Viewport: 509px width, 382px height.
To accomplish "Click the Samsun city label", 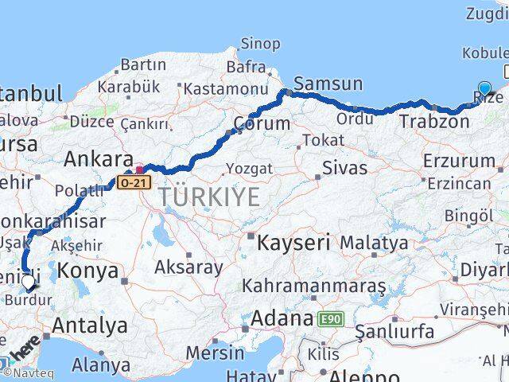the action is tap(328, 84).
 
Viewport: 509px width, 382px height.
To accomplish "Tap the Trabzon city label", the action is tap(434, 122).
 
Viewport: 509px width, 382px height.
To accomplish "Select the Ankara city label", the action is tap(98, 158).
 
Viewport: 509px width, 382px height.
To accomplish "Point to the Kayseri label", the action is tap(293, 243).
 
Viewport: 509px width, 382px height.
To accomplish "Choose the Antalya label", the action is tap(90, 325).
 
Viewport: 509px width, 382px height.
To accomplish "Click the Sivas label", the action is tap(344, 168).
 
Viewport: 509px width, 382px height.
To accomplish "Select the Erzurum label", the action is tap(459, 161).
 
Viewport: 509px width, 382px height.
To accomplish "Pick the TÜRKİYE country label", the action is tap(208, 197).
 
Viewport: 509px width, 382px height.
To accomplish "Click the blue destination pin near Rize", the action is tap(484, 89).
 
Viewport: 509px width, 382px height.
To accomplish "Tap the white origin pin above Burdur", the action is tap(29, 281).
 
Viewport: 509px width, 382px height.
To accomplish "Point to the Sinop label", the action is tap(260, 44).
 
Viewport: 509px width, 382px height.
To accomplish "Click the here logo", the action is tap(24, 349).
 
